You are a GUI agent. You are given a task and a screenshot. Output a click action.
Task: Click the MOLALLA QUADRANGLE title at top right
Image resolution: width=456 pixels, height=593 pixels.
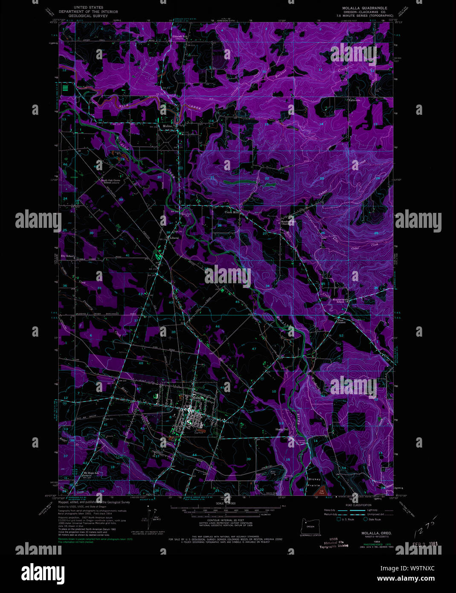(364, 8)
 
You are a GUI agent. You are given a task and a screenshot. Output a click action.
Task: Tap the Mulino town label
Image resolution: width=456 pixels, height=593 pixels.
(167, 126)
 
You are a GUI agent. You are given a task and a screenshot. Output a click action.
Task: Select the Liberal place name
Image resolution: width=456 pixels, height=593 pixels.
(174, 238)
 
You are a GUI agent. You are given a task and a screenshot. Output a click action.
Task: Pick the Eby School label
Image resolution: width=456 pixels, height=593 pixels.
(67, 256)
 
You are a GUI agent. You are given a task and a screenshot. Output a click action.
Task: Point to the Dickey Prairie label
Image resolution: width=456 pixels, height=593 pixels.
(314, 482)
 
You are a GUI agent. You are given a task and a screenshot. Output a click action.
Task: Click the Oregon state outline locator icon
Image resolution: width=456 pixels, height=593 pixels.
(310, 523)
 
